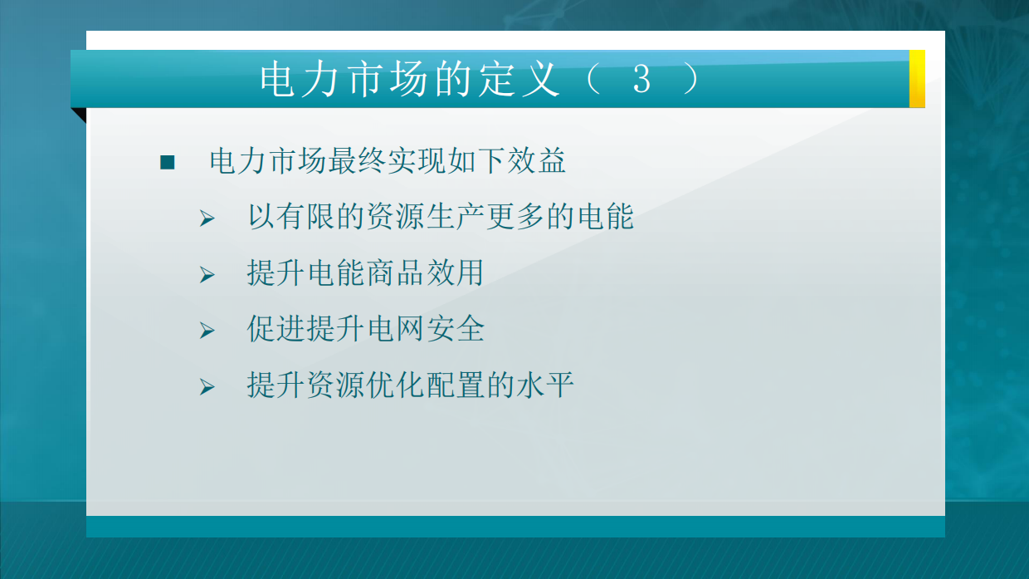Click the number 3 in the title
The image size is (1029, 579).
coord(641,80)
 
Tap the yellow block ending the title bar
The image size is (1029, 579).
coord(917,79)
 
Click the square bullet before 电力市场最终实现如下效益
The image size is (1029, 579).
coord(168,162)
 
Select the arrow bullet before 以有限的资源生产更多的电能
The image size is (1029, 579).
coord(207,219)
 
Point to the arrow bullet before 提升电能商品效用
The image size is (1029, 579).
coord(207,275)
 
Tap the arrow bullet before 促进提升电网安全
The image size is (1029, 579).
coord(207,331)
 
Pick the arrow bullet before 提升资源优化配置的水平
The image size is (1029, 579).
coord(207,387)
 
